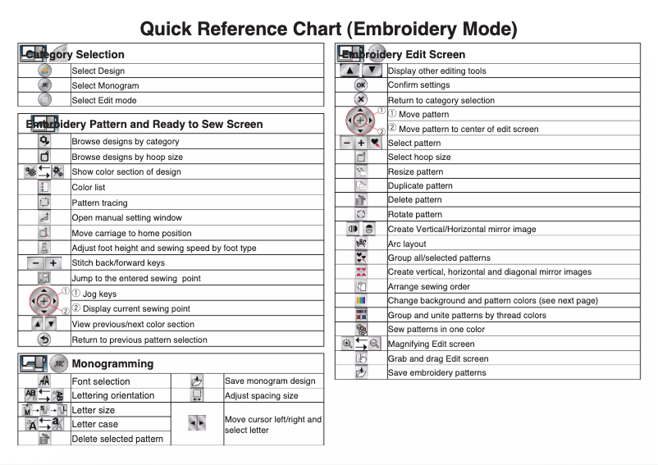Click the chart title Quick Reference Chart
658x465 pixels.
pos(328,29)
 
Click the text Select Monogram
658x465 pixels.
pos(105,85)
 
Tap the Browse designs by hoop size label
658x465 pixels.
pos(127,157)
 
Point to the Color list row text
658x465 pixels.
pos(89,187)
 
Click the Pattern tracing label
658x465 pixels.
pos(99,203)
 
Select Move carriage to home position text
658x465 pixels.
pos(131,233)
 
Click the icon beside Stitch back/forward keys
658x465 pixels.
pos(44,263)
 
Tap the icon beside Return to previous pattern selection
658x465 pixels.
pos(44,340)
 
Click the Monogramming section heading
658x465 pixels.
pos(112,362)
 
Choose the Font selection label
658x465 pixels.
pos(101,381)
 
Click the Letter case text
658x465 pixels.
pos(94,424)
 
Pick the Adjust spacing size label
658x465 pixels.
pos(262,395)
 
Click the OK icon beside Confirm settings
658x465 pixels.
pos(360,85)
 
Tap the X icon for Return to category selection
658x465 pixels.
pos(360,100)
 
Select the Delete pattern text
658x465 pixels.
pos(414,200)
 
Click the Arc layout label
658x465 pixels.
pos(407,244)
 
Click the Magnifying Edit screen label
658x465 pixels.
pos(431,344)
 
